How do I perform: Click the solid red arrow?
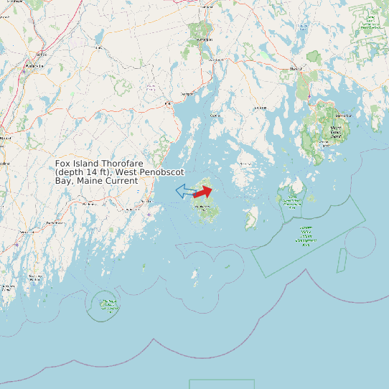point(203,192)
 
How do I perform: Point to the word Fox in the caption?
point(62,164)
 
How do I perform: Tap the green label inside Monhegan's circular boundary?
point(108,305)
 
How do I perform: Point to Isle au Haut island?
point(252,218)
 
